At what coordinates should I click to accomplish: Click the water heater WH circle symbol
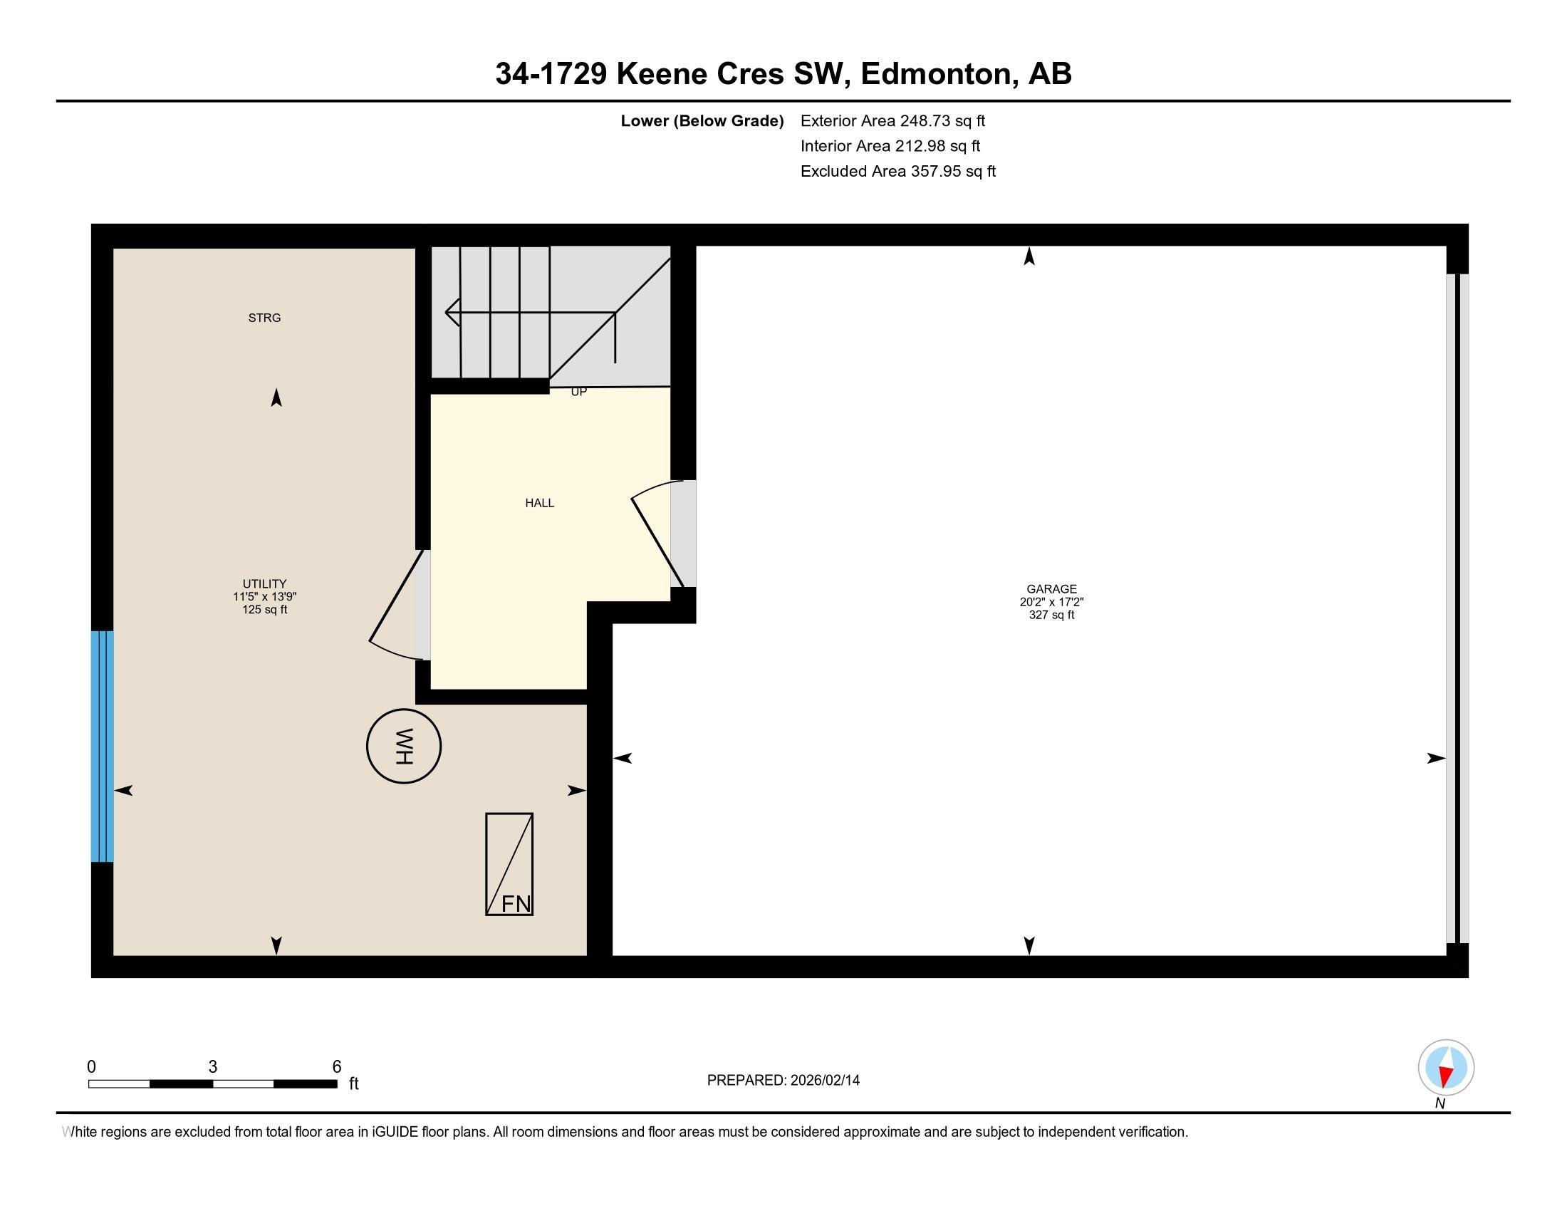click(403, 746)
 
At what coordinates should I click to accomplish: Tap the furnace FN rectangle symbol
click(509, 864)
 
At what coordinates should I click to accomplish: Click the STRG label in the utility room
click(264, 318)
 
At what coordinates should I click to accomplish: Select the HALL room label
click(540, 503)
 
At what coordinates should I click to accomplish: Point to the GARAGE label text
click(1051, 589)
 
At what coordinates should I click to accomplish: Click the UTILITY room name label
click(264, 584)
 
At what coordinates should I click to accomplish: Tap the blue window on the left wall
click(102, 746)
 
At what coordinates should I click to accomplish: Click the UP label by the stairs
click(578, 392)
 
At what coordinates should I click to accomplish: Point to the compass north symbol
click(1446, 1068)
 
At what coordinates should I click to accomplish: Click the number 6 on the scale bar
click(336, 1067)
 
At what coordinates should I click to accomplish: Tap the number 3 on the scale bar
click(212, 1067)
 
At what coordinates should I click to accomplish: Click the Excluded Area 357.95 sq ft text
click(897, 172)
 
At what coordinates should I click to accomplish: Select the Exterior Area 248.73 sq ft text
click(892, 121)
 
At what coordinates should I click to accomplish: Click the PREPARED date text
click(783, 1081)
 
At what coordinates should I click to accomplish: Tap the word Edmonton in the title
click(939, 74)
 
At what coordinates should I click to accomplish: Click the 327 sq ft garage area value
click(1051, 615)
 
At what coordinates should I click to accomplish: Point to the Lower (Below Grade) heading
click(702, 121)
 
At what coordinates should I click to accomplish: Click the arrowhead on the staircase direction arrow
click(452, 313)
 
